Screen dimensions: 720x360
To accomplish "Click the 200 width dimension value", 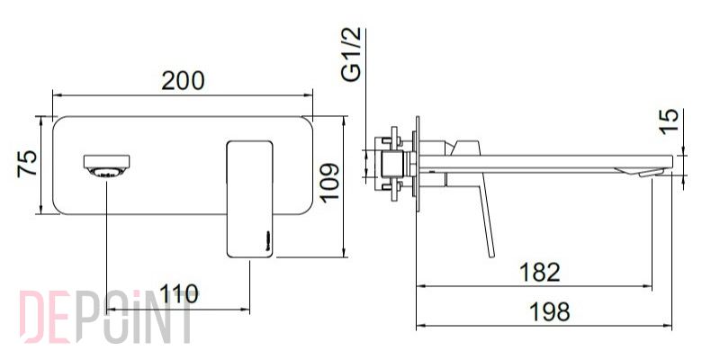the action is coord(183,81).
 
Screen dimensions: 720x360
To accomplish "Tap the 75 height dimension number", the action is coord(27,164).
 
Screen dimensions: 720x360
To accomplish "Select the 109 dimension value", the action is coord(330,183).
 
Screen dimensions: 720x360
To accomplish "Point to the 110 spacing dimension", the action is coord(178,294).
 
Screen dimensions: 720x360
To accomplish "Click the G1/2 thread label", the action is coord(352,55).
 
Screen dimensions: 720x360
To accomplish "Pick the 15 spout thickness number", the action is coord(670,121).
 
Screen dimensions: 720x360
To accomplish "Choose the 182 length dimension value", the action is coord(539,273).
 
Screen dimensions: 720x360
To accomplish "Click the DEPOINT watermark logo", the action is coord(105,317).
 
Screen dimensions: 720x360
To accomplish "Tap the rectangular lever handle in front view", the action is coord(250,199).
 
